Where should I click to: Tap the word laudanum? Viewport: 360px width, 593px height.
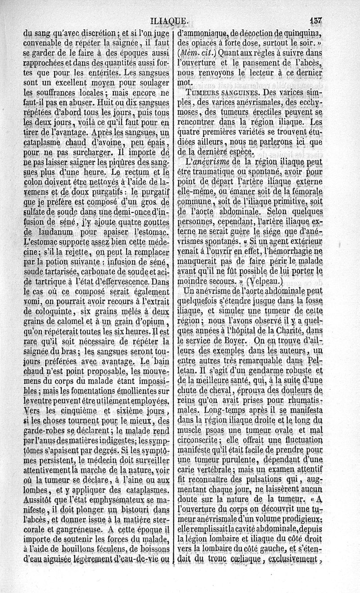click(42, 232)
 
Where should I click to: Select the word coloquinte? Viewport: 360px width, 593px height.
click(45, 311)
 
